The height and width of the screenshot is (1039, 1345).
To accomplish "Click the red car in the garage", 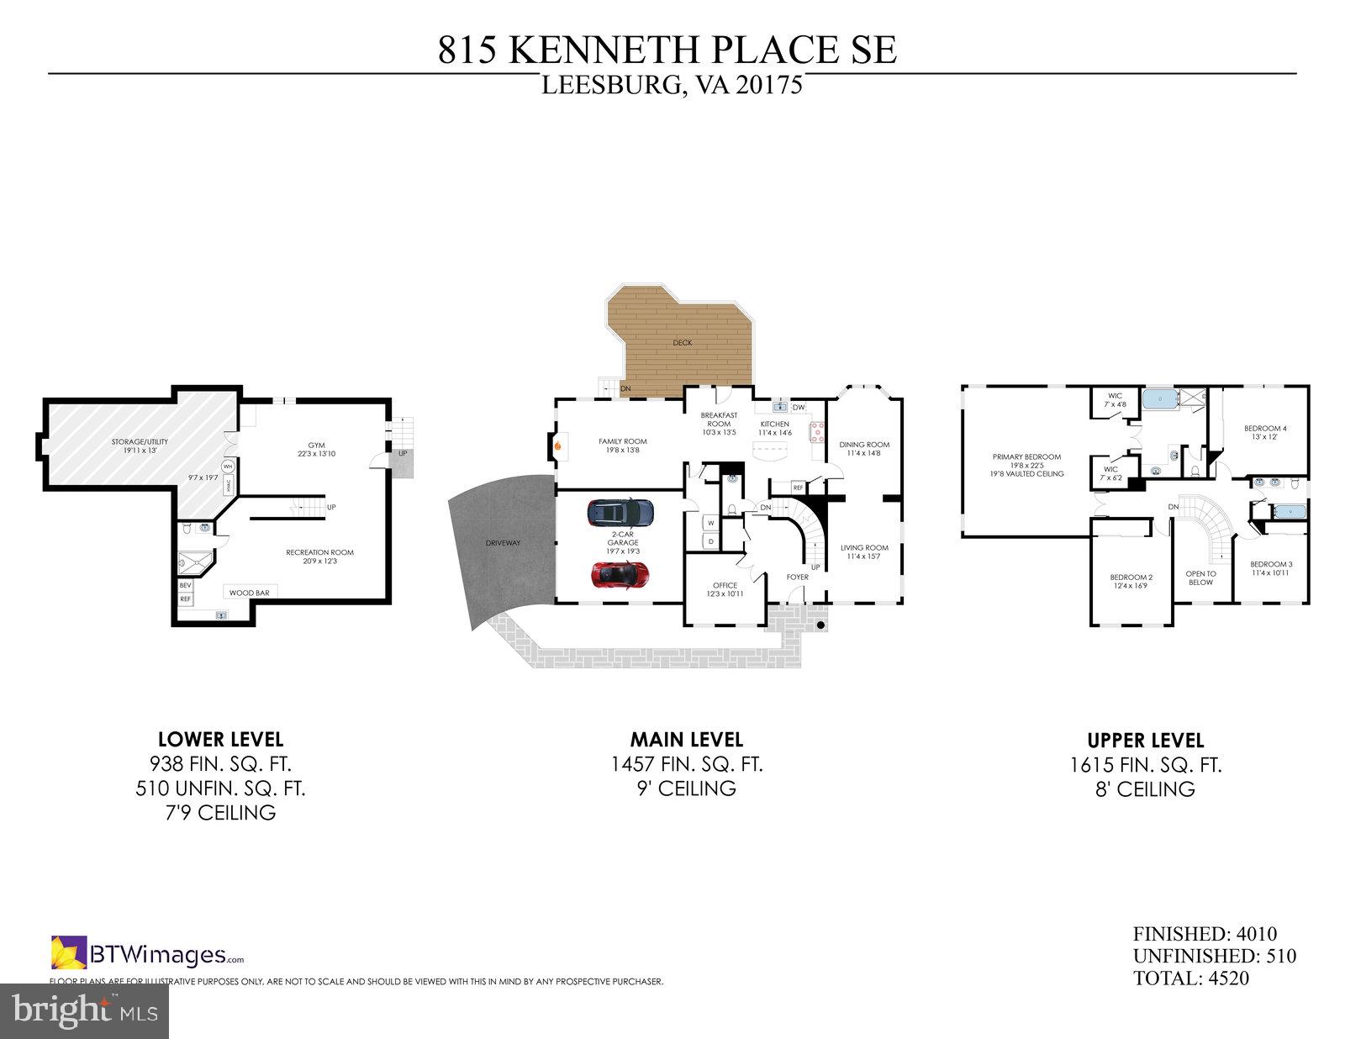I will (620, 574).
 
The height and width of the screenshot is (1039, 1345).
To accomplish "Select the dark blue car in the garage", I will (620, 510).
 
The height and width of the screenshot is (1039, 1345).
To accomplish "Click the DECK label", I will (682, 343).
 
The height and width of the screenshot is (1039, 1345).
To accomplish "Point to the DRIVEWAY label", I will (504, 543).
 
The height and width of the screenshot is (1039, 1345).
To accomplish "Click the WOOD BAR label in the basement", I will (249, 593).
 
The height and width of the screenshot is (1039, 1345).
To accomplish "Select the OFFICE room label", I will (725, 585).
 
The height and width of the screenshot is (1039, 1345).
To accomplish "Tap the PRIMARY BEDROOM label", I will (1026, 457).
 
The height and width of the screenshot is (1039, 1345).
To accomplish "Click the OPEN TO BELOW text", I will (1200, 578).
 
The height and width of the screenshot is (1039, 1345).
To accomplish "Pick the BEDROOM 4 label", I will (1265, 429).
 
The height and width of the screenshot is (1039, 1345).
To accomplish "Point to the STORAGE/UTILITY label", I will (140, 442).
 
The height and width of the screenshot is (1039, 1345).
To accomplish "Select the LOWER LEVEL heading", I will (220, 740).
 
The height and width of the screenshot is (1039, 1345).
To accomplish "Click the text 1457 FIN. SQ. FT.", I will (687, 764).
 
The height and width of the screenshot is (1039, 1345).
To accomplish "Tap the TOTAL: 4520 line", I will (1190, 978).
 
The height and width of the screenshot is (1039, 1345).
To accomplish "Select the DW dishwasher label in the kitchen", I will (798, 408).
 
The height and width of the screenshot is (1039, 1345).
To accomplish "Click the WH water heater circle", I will (228, 467).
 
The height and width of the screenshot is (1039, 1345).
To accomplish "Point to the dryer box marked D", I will (711, 541).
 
